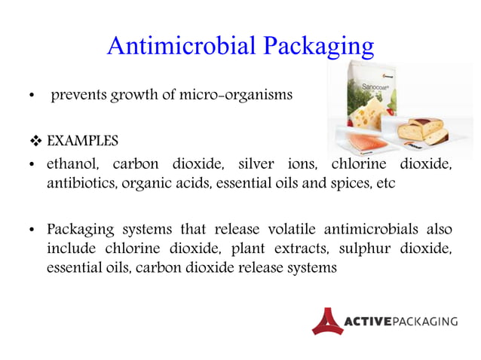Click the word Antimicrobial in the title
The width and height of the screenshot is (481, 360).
tap(181, 46)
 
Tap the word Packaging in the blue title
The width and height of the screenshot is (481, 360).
tap(317, 47)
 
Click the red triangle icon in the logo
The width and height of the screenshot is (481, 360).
tap(326, 321)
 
